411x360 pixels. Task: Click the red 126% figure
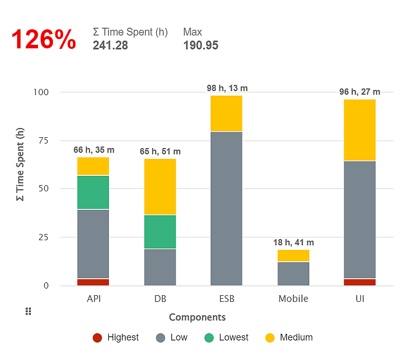click(x=44, y=40)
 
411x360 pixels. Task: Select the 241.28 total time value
click(x=110, y=45)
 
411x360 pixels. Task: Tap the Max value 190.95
click(x=200, y=45)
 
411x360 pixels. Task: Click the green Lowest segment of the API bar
click(x=93, y=192)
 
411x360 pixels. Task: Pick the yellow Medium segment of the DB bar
click(x=160, y=187)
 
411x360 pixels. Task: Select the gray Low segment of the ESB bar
click(x=227, y=208)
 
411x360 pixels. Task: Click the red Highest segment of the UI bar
click(x=360, y=282)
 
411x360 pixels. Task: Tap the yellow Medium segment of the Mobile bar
click(x=293, y=256)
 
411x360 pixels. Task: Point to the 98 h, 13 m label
click(x=227, y=88)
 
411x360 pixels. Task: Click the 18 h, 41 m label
click(x=293, y=243)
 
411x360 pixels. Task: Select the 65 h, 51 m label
click(x=160, y=152)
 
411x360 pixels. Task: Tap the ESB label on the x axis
click(x=227, y=299)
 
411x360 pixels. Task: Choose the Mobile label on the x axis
click(x=293, y=299)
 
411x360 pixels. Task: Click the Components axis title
click(x=197, y=317)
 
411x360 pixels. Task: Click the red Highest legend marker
click(x=98, y=338)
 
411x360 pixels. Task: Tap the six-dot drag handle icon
click(x=29, y=311)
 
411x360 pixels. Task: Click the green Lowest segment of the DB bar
click(x=160, y=232)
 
